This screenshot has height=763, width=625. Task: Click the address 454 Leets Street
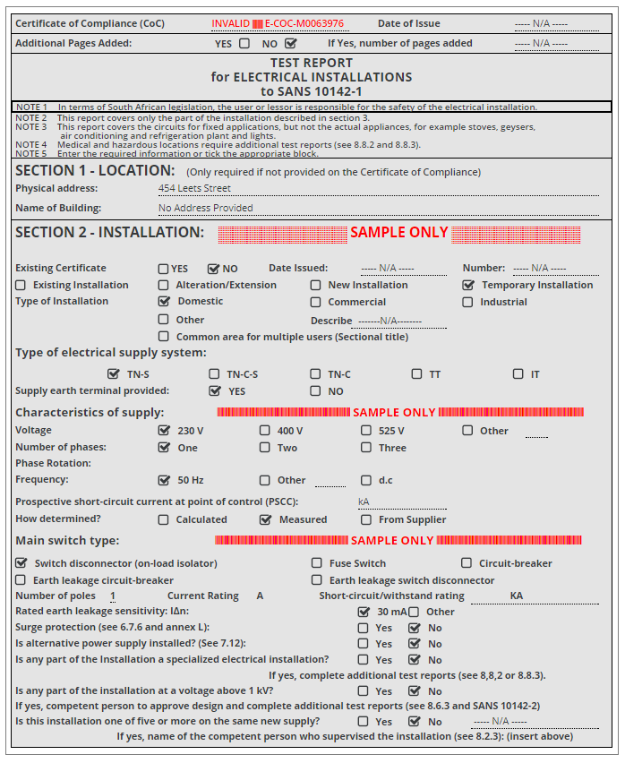coord(194,188)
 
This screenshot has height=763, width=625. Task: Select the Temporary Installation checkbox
coord(468,285)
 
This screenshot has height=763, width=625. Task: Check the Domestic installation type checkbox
coord(164,302)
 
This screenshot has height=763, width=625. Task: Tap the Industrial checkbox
coord(468,302)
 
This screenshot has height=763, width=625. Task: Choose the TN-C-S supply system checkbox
coord(214,373)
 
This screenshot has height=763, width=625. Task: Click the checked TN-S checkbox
coord(113,373)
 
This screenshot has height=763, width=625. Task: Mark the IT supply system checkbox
coord(518,373)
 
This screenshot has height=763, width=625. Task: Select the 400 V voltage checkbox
coord(265,431)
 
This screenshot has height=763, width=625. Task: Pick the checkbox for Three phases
coord(366,448)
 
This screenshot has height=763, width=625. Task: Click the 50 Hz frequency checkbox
coord(164,480)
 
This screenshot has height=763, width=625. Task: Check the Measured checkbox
coord(265,519)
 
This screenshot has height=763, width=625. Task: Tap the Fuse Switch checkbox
coord(317,563)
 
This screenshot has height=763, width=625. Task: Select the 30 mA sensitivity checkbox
coord(364,612)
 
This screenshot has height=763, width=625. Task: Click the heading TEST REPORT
coord(311,64)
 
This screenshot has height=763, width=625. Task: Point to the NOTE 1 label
coord(32,107)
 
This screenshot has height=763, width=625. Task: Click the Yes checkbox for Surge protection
coord(364,628)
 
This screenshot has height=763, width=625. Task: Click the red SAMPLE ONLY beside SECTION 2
coord(398,233)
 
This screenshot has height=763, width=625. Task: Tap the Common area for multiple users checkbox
coord(164,337)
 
